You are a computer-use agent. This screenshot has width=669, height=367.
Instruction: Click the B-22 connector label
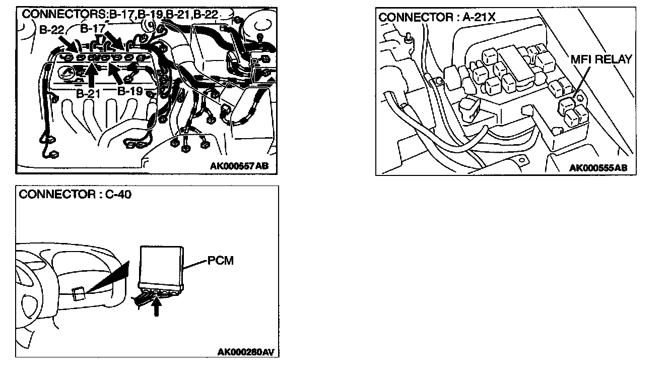(51, 30)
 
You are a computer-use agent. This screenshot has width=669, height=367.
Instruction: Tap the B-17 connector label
(92, 28)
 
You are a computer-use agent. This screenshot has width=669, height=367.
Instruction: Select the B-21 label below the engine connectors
(88, 93)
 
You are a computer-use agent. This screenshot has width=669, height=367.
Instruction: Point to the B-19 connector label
(130, 92)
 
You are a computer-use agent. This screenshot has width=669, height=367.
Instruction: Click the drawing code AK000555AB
(598, 168)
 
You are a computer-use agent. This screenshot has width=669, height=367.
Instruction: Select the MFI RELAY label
(600, 59)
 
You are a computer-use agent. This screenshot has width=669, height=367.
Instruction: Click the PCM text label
(221, 261)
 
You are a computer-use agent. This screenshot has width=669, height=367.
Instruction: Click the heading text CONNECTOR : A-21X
(437, 18)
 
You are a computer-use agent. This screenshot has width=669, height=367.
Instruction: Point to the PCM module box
(161, 266)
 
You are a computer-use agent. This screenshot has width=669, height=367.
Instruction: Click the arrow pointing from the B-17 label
(113, 40)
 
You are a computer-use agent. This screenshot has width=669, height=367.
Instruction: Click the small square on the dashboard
(78, 293)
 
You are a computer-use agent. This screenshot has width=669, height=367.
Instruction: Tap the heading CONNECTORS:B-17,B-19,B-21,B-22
(120, 15)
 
